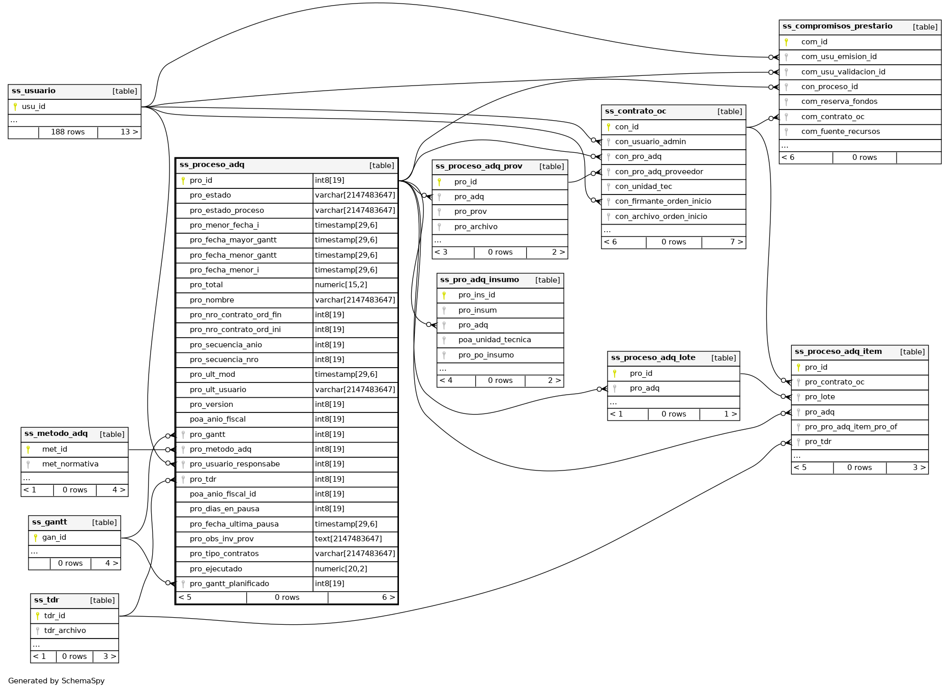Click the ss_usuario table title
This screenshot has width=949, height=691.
(34, 91)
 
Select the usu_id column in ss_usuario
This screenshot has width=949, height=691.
(34, 106)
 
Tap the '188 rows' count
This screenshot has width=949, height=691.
(68, 132)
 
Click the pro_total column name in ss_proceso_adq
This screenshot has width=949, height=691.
(206, 285)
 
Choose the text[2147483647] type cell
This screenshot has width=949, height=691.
(348, 539)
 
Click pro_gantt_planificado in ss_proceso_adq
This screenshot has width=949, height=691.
(229, 584)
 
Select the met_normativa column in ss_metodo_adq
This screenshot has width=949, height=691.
(70, 464)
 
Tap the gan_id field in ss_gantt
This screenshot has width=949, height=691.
(54, 537)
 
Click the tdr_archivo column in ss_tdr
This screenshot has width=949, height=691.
(65, 630)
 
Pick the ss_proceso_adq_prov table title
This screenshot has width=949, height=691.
(479, 167)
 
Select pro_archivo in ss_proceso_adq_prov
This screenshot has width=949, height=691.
(476, 227)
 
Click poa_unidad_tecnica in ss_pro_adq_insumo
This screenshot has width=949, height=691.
(494, 340)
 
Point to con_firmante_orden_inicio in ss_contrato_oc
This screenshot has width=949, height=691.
(663, 201)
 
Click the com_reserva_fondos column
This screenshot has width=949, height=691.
(839, 101)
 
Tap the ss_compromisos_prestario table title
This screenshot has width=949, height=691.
(837, 26)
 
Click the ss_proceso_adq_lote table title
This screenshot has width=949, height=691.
(653, 357)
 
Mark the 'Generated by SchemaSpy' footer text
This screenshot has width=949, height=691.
(56, 681)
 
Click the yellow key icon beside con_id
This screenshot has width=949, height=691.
(609, 127)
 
